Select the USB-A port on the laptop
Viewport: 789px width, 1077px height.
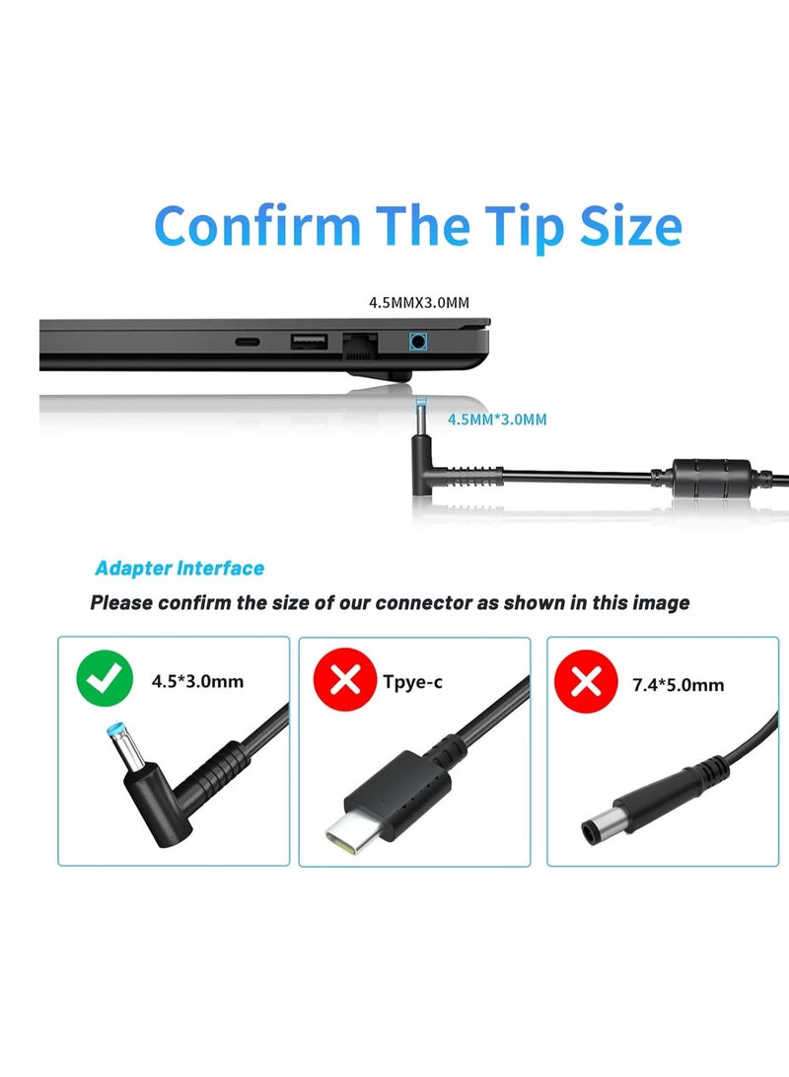309,342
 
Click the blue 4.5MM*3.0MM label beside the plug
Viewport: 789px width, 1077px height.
496,420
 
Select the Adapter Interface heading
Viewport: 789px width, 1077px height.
179,568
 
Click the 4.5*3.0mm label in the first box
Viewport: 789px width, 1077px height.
197,681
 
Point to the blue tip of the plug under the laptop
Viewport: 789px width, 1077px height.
422,406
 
